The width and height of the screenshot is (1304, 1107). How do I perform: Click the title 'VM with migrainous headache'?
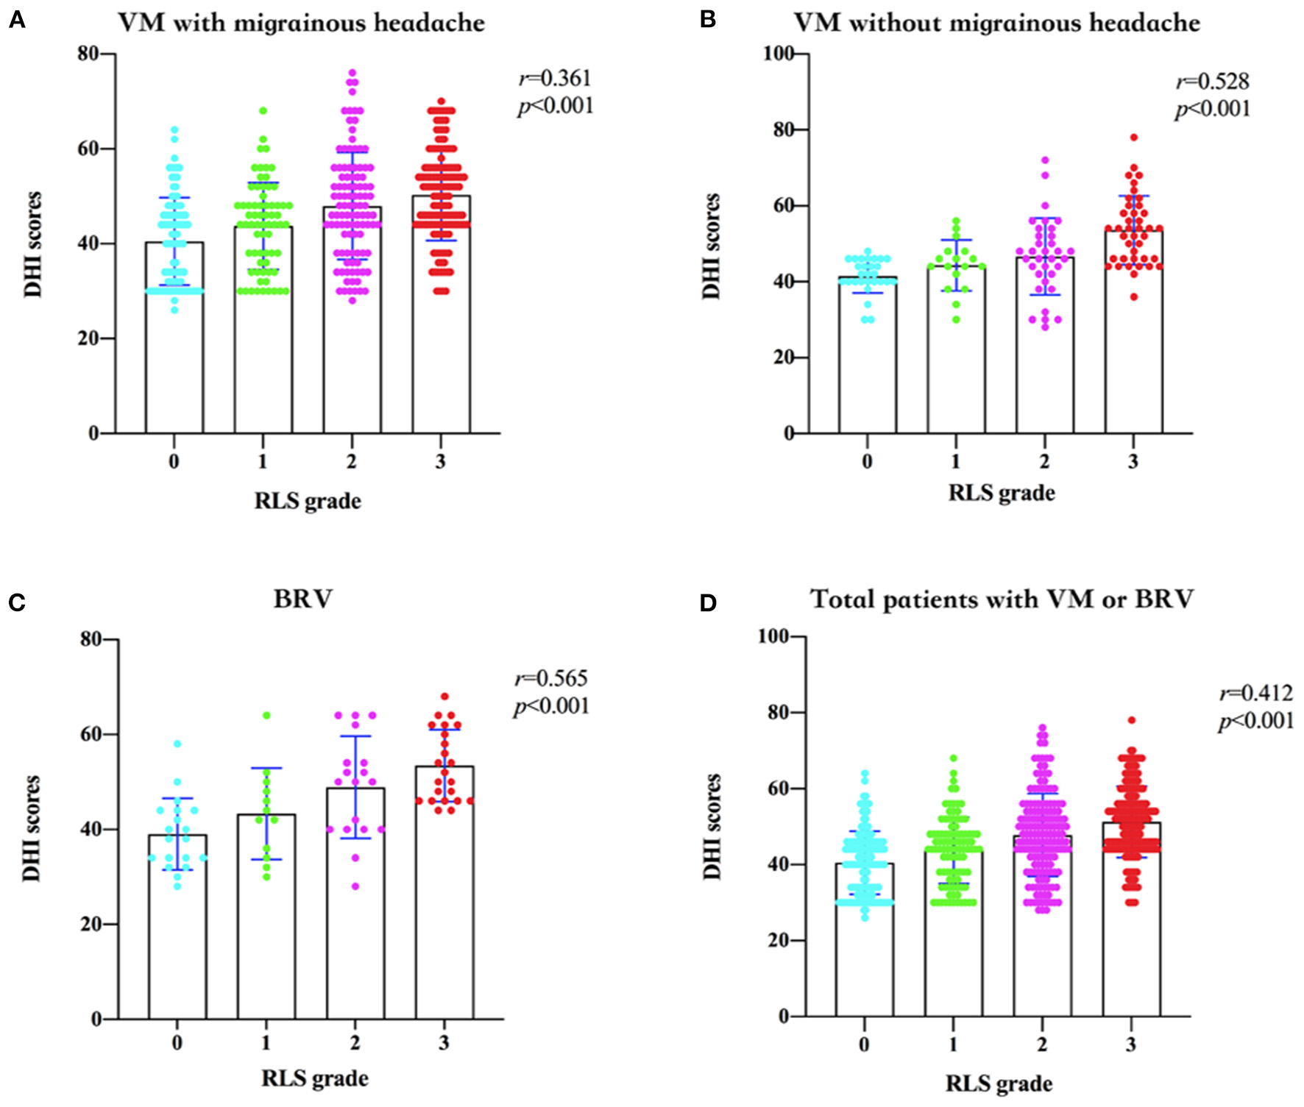pyautogui.click(x=301, y=23)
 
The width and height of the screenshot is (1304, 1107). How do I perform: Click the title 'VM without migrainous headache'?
pyautogui.click(x=996, y=23)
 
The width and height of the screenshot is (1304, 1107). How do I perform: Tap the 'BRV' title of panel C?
pyautogui.click(x=302, y=599)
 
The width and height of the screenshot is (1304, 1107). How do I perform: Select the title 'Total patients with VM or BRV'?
pyautogui.click(x=1002, y=599)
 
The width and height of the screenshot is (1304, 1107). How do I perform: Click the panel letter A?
pyautogui.click(x=16, y=21)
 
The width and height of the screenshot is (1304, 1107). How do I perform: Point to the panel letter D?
pyautogui.click(x=708, y=603)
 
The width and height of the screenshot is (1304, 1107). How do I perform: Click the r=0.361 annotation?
pyautogui.click(x=555, y=78)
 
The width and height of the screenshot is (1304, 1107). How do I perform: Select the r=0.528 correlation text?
pyautogui.click(x=1212, y=81)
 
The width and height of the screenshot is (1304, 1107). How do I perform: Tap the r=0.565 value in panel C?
pyautogui.click(x=551, y=678)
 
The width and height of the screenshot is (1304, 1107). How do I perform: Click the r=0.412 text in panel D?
pyautogui.click(x=1256, y=693)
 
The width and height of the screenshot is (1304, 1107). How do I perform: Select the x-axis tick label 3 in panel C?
pyautogui.click(x=444, y=1042)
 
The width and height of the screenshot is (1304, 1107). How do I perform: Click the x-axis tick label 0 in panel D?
pyautogui.click(x=864, y=1044)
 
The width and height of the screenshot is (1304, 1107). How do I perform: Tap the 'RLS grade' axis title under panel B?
pyautogui.click(x=1001, y=492)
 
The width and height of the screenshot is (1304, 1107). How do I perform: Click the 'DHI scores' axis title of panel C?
pyautogui.click(x=31, y=828)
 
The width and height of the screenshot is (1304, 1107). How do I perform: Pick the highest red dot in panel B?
pyautogui.click(x=1134, y=138)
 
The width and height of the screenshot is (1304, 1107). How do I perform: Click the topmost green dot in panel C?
pyautogui.click(x=266, y=716)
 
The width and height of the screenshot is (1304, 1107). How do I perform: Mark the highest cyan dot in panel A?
pyautogui.click(x=174, y=130)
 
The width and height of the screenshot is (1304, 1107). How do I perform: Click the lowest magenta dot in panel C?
pyautogui.click(x=355, y=886)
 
